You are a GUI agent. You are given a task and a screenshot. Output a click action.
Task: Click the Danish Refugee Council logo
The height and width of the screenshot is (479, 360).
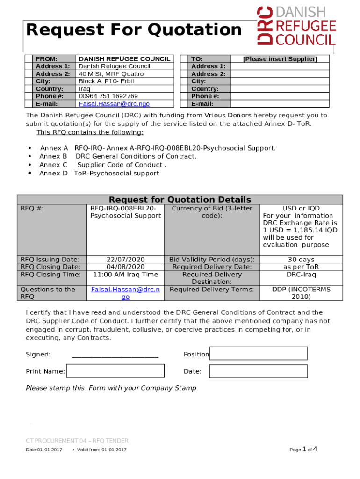pos(296,26)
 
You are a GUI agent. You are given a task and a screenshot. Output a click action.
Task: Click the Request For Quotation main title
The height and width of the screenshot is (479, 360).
pos(134,30)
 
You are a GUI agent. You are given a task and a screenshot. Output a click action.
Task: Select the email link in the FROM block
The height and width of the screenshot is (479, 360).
pos(114,104)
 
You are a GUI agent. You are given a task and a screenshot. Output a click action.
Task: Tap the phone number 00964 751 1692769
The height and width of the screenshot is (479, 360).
pos(108,96)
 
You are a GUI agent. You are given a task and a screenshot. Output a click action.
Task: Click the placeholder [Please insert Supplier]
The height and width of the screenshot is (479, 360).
pos(280,59)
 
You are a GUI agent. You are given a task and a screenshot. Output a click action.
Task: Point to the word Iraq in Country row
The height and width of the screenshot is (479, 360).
pos(85,89)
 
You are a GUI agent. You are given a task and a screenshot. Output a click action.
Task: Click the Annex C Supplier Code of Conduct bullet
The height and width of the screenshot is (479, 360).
pos(102,165)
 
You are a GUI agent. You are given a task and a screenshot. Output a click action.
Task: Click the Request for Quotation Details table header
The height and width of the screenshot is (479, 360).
pos(180,200)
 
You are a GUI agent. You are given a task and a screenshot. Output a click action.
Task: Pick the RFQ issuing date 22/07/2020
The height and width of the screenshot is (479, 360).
pos(125,260)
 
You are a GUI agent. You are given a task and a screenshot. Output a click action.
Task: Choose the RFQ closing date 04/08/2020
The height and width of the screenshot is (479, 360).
pos(125,267)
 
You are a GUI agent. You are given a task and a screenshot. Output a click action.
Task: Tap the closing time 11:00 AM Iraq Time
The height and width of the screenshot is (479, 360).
pos(125,275)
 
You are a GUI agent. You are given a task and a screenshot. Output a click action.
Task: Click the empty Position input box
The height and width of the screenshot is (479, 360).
pos(258,354)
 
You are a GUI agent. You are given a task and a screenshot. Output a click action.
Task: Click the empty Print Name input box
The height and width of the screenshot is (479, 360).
pos(115,371)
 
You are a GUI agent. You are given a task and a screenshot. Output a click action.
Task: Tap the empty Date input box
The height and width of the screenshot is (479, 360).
pos(258,371)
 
